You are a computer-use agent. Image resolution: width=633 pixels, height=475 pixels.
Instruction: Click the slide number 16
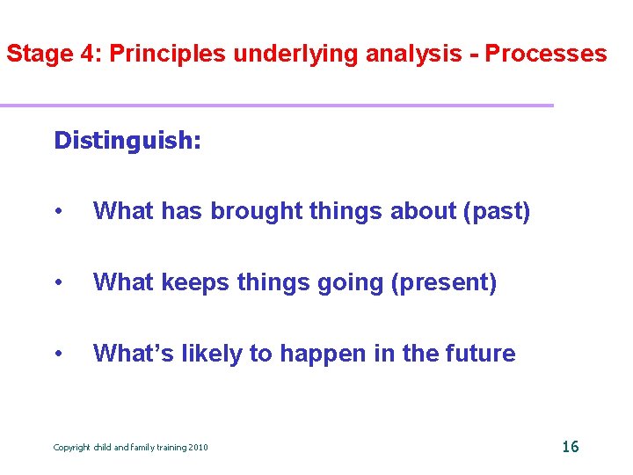[570, 446]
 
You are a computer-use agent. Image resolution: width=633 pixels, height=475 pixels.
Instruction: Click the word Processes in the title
[546, 54]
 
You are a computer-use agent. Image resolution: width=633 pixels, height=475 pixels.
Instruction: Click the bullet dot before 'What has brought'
[58, 212]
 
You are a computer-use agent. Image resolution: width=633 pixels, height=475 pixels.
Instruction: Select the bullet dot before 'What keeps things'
[58, 283]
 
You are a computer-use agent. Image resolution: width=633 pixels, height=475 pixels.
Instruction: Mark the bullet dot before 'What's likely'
[58, 354]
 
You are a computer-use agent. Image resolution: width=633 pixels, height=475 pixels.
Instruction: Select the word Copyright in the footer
[72, 448]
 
